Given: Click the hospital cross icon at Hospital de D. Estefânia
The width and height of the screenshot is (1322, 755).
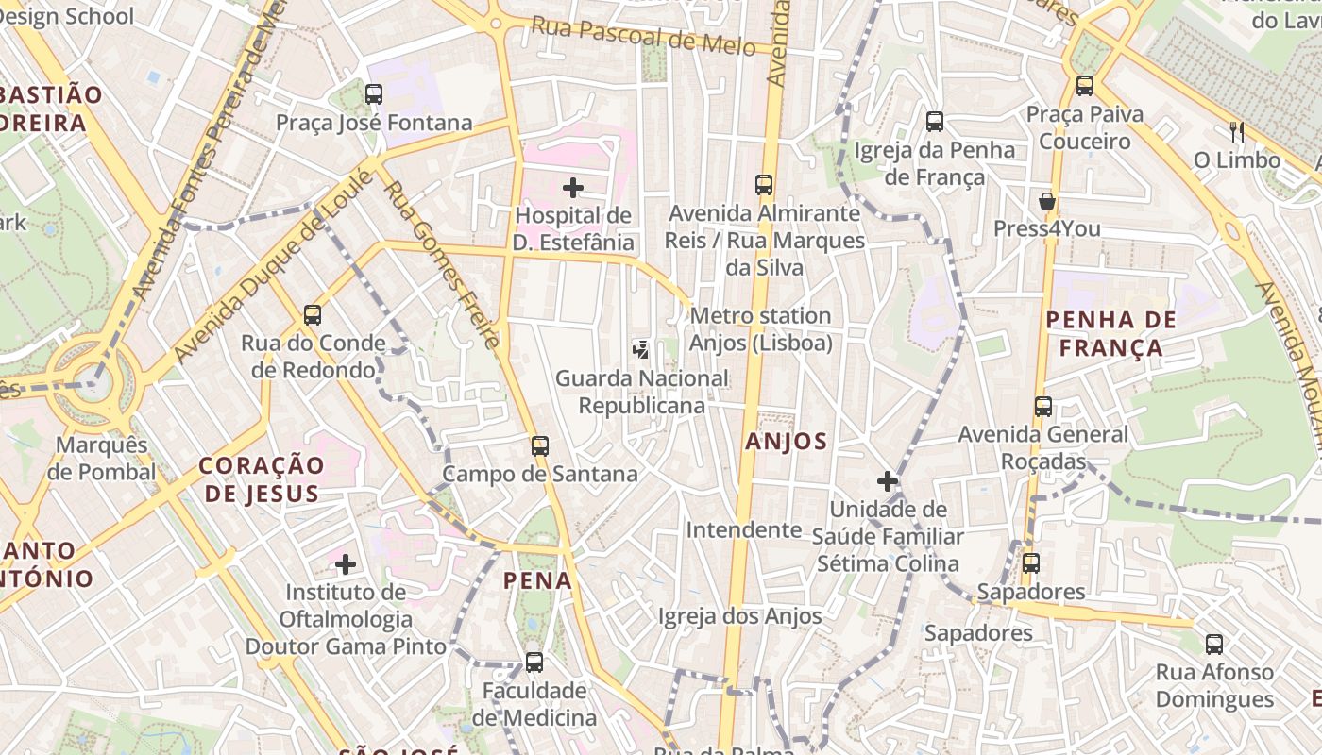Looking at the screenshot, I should click(x=573, y=188).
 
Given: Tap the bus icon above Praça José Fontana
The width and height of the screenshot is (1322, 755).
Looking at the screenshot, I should click(x=374, y=93).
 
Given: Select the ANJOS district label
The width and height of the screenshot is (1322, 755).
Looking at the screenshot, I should click(x=786, y=441).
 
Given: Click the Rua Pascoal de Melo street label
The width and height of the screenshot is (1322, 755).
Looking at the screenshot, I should click(x=643, y=35).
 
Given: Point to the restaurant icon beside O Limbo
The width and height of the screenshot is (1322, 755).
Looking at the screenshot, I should click(x=1236, y=131).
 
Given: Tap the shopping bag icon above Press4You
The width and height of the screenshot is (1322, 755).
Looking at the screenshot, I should click(x=1047, y=201).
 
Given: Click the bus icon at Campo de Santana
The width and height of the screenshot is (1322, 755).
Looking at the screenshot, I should click(x=540, y=445).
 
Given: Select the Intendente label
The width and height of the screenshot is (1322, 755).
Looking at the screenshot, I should click(x=743, y=529).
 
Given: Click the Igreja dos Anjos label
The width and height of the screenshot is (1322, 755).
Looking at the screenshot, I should click(x=739, y=617).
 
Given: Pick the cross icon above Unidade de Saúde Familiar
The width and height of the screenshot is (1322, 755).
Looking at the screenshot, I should click(x=888, y=481).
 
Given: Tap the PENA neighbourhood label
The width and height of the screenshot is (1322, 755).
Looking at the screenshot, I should click(x=537, y=580).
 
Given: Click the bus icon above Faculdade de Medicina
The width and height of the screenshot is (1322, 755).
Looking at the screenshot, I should click(x=534, y=662).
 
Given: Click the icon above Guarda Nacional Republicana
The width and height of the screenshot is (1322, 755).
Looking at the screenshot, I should click(x=641, y=350).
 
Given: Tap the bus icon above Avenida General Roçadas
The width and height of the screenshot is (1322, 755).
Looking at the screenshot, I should click(x=1043, y=407).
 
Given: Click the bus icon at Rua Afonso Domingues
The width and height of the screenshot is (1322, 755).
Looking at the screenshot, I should click(x=1214, y=645).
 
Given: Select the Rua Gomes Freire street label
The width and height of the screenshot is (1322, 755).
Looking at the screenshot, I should click(x=441, y=265).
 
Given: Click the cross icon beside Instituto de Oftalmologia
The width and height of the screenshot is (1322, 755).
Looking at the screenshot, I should click(x=346, y=564).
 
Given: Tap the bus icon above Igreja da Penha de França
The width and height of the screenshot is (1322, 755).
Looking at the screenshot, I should click(x=935, y=121).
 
